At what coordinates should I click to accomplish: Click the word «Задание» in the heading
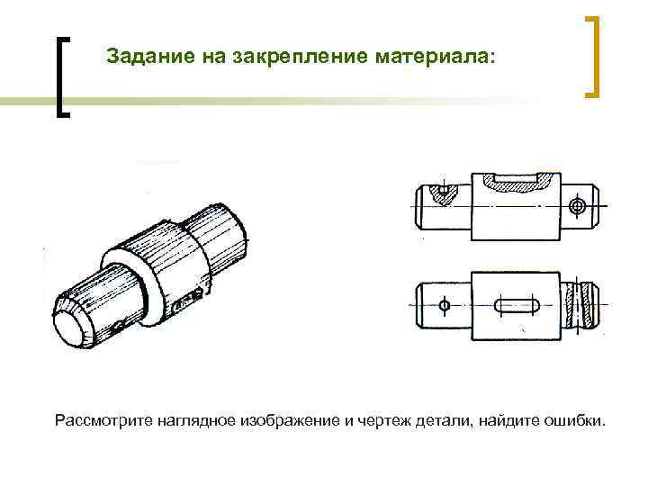tap(141, 57)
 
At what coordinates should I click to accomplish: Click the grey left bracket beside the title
tap(61, 76)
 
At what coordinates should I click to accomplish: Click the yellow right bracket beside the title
tap(593, 56)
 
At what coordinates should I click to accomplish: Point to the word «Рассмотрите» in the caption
tap(103, 421)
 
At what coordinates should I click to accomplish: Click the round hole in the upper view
tap(578, 206)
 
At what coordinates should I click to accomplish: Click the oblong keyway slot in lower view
tap(517, 306)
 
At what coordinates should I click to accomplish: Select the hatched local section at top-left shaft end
tap(441, 192)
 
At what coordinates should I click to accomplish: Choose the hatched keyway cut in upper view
tap(517, 182)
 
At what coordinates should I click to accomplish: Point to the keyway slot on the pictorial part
tap(188, 301)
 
